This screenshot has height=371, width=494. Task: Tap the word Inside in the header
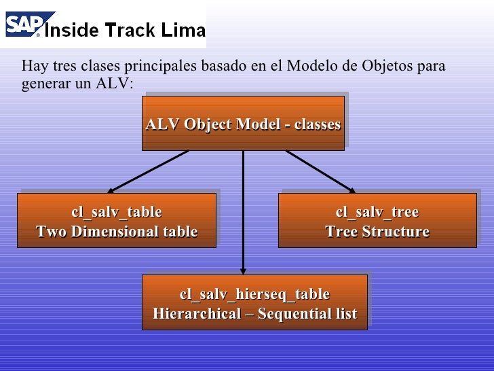point(71,30)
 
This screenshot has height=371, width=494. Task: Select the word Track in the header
point(129,30)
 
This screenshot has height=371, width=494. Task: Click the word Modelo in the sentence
point(309,67)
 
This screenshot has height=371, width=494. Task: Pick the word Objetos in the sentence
point(387,67)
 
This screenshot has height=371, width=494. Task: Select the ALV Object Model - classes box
point(243,123)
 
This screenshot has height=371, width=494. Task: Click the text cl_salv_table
point(117,213)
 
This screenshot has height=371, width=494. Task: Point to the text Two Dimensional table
point(117,232)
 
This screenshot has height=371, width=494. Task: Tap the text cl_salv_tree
point(377,213)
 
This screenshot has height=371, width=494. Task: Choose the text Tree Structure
point(377,232)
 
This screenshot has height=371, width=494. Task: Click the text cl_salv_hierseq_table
point(254,294)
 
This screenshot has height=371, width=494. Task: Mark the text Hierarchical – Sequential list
point(254,314)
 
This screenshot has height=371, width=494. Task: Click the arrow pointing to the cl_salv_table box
point(148,171)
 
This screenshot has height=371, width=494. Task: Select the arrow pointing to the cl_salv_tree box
point(320,171)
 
